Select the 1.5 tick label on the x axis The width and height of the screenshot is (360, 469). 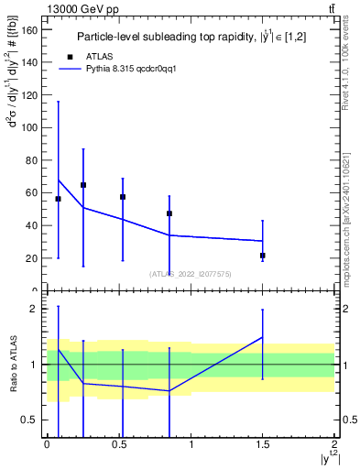262,444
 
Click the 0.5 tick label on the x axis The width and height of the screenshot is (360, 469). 118,444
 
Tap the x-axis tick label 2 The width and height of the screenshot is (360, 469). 334,444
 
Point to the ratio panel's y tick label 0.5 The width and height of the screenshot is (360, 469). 28,420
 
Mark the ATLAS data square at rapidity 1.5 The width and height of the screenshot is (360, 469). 263,256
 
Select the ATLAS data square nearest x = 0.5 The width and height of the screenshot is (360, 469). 123,197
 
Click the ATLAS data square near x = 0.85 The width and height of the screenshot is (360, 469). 169,213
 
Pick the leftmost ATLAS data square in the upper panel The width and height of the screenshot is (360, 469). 59,199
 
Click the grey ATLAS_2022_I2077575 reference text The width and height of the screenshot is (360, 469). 190,273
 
